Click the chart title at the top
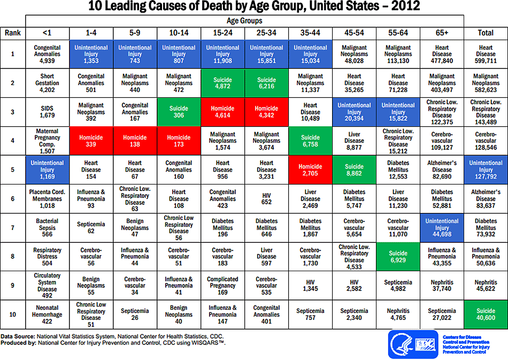click(x=254, y=7)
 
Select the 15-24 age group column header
click(x=222, y=33)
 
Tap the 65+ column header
click(x=442, y=33)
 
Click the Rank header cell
click(x=13, y=33)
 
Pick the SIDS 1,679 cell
click(x=48, y=112)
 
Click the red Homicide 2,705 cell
click(x=310, y=170)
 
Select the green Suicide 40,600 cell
click(x=486, y=314)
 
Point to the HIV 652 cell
click(x=266, y=198)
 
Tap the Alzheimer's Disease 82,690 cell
click(x=442, y=170)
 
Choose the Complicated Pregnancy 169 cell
click(x=222, y=285)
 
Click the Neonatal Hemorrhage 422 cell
click(x=48, y=314)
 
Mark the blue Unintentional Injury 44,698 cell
click(x=442, y=227)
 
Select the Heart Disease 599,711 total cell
click(x=486, y=54)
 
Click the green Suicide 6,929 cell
click(x=398, y=256)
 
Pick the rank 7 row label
click(x=13, y=227)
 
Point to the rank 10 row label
click(x=13, y=314)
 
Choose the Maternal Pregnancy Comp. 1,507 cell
click(x=48, y=141)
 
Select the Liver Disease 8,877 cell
click(x=354, y=141)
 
